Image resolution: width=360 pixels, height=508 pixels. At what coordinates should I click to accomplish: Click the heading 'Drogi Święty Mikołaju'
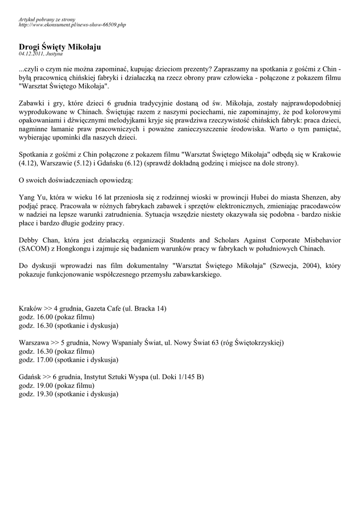click(60, 46)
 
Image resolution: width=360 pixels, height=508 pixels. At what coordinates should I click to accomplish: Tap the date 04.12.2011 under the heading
click(31, 53)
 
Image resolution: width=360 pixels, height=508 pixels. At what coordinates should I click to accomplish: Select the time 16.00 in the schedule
click(44, 317)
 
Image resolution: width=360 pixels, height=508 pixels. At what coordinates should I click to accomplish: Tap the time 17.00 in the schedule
click(44, 360)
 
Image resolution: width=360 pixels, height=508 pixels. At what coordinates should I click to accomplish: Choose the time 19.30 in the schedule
click(44, 394)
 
